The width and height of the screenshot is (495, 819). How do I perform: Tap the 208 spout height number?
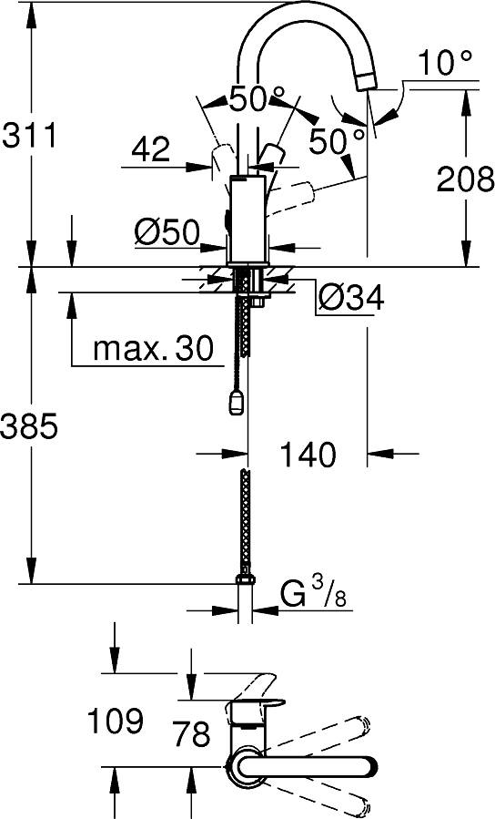coord(465,179)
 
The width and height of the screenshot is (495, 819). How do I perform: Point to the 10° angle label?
coord(446,63)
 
